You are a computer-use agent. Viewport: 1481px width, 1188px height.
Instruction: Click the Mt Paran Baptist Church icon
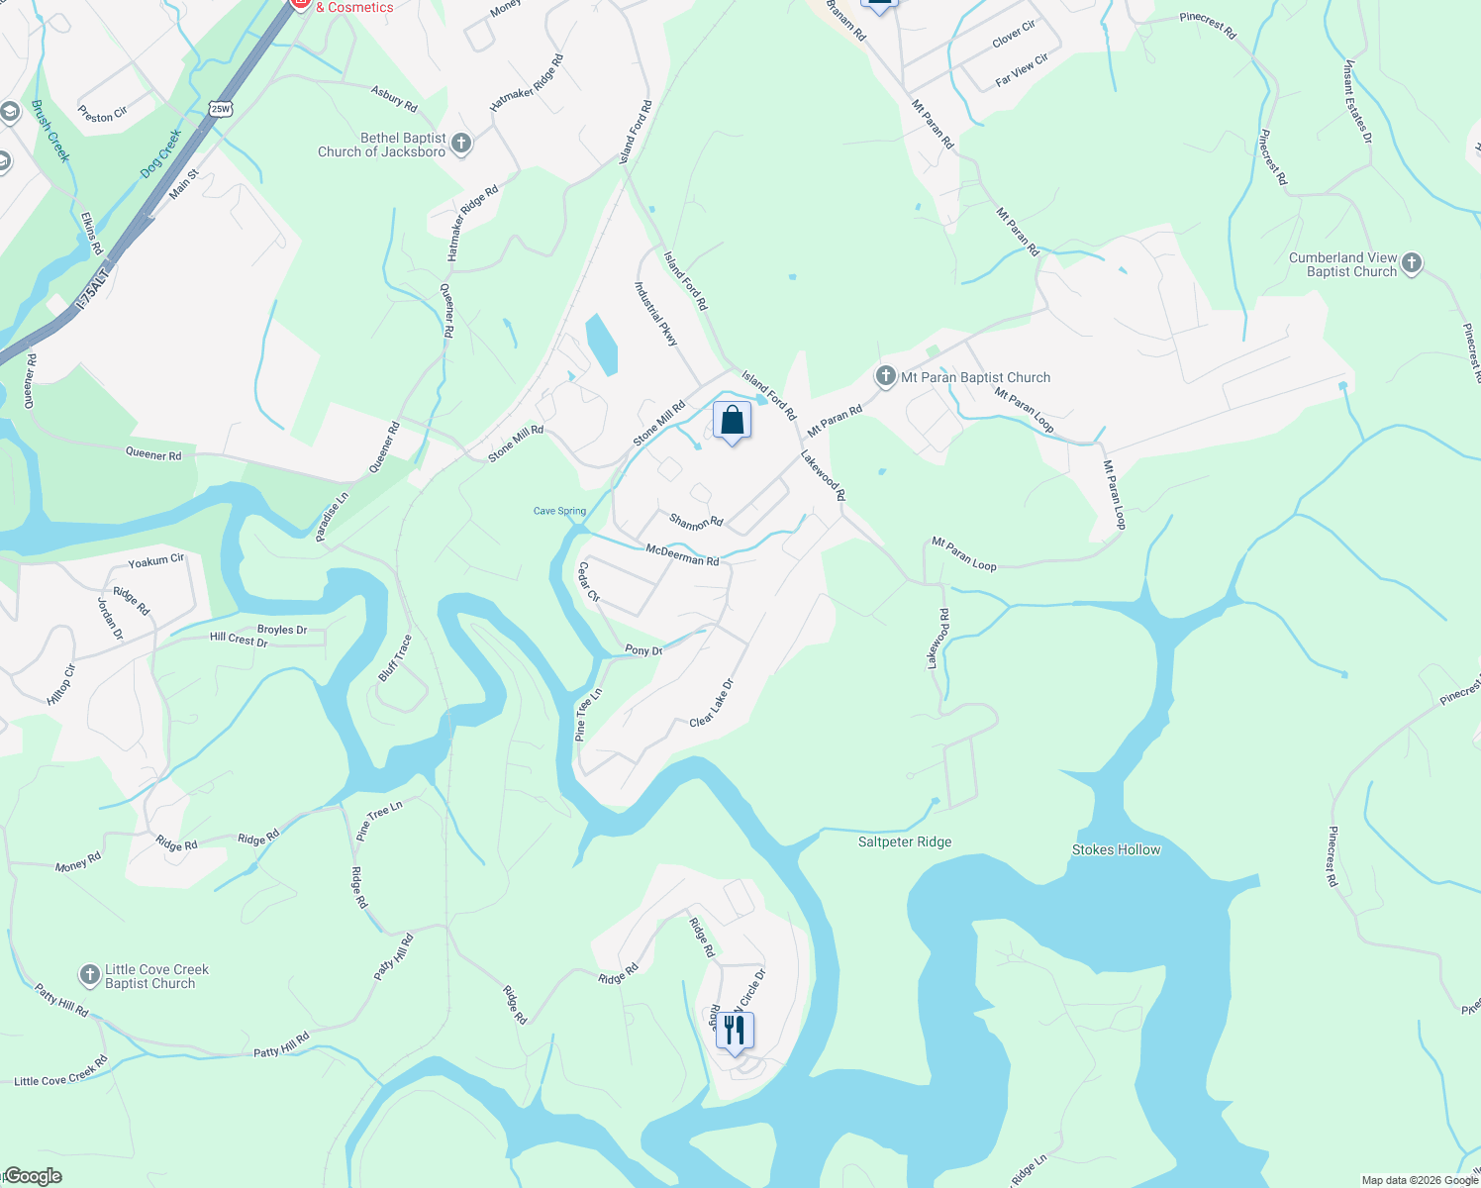click(885, 376)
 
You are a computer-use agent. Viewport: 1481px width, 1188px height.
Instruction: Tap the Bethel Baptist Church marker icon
click(460, 145)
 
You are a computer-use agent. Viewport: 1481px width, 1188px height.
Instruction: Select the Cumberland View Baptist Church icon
click(1412, 263)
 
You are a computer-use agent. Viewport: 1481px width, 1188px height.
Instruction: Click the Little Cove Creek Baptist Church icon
click(90, 976)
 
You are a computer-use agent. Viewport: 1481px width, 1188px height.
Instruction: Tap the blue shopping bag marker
click(732, 421)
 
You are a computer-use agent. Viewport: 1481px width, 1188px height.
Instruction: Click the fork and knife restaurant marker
click(734, 1031)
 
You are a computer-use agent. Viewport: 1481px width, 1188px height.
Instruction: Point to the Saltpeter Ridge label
click(905, 842)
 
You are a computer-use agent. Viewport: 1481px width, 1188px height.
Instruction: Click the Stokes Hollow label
click(1116, 849)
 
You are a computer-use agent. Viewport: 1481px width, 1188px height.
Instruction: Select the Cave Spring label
click(559, 511)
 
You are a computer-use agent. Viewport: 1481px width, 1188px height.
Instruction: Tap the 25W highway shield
click(221, 108)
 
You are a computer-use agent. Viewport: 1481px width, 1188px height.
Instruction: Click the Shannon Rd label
click(696, 521)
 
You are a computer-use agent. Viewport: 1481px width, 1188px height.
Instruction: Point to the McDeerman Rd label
click(682, 554)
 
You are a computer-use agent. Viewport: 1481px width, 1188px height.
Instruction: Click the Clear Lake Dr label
click(712, 703)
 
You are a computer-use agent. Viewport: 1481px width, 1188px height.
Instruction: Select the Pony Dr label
click(643, 650)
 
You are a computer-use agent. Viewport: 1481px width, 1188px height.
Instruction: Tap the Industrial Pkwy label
click(655, 313)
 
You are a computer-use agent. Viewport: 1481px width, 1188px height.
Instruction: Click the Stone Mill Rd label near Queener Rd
click(516, 444)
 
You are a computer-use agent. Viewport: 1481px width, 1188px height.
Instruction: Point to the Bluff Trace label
click(395, 657)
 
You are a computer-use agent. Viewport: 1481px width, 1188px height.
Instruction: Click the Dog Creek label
click(160, 152)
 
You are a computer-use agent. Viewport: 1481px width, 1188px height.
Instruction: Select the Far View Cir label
click(1022, 69)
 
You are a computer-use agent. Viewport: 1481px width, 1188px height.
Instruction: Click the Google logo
click(33, 1176)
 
